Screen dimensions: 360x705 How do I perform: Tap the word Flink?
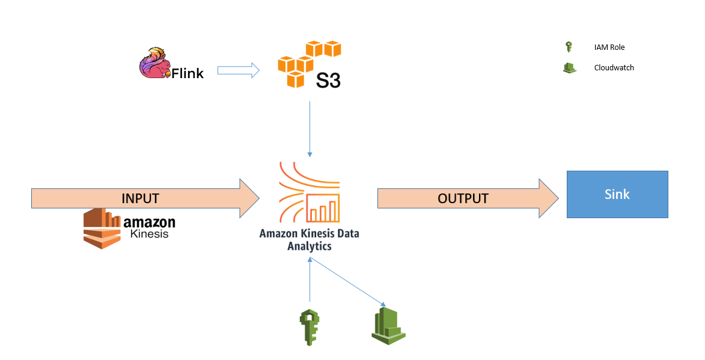(x=188, y=73)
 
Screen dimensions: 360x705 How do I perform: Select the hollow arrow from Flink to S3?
(x=238, y=71)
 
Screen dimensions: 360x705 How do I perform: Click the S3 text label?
(x=328, y=80)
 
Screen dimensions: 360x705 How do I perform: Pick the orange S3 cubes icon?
(x=307, y=61)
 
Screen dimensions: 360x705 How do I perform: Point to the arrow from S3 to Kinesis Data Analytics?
(x=310, y=129)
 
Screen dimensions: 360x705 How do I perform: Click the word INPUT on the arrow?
(x=140, y=198)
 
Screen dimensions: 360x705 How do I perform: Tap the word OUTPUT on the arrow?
(x=463, y=198)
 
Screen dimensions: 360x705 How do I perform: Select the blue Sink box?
(x=617, y=194)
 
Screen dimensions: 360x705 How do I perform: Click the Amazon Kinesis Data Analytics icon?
(x=310, y=192)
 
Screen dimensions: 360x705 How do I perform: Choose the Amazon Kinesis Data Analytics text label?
(x=309, y=239)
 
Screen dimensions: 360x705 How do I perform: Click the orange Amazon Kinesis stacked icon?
(x=103, y=229)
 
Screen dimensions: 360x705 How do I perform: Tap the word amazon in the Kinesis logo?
(x=149, y=222)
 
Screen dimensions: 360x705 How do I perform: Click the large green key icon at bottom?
(x=309, y=327)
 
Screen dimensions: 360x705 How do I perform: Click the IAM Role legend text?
(x=609, y=47)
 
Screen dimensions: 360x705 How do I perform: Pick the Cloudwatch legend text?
(x=614, y=68)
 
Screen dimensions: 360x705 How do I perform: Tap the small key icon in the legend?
(x=569, y=47)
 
